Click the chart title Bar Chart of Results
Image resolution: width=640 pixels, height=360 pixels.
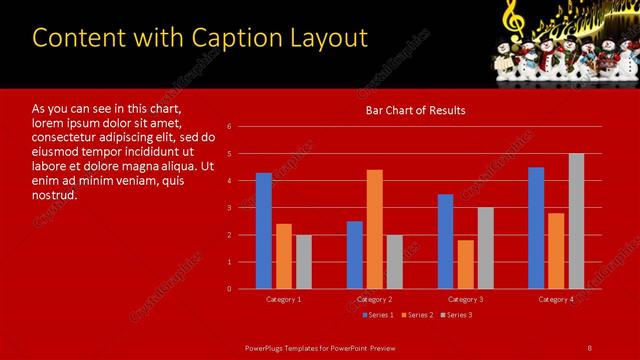[414, 110]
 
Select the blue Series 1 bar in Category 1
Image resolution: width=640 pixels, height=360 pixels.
[263, 231]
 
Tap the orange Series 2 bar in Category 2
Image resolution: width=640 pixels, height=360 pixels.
[374, 229]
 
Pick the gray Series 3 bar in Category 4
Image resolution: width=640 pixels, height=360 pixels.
[576, 221]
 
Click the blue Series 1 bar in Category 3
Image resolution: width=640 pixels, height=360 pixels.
[445, 241]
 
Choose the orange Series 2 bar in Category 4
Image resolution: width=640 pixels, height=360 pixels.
[556, 250]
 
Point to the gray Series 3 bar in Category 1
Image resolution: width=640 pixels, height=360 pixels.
[303, 262]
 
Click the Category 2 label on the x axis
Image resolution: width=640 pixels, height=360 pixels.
[374, 299]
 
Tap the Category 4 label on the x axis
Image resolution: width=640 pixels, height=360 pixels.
[556, 299]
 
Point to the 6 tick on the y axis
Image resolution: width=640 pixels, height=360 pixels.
[229, 127]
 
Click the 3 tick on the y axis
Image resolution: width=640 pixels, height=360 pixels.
[229, 208]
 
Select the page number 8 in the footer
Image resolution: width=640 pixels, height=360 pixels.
[589, 347]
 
